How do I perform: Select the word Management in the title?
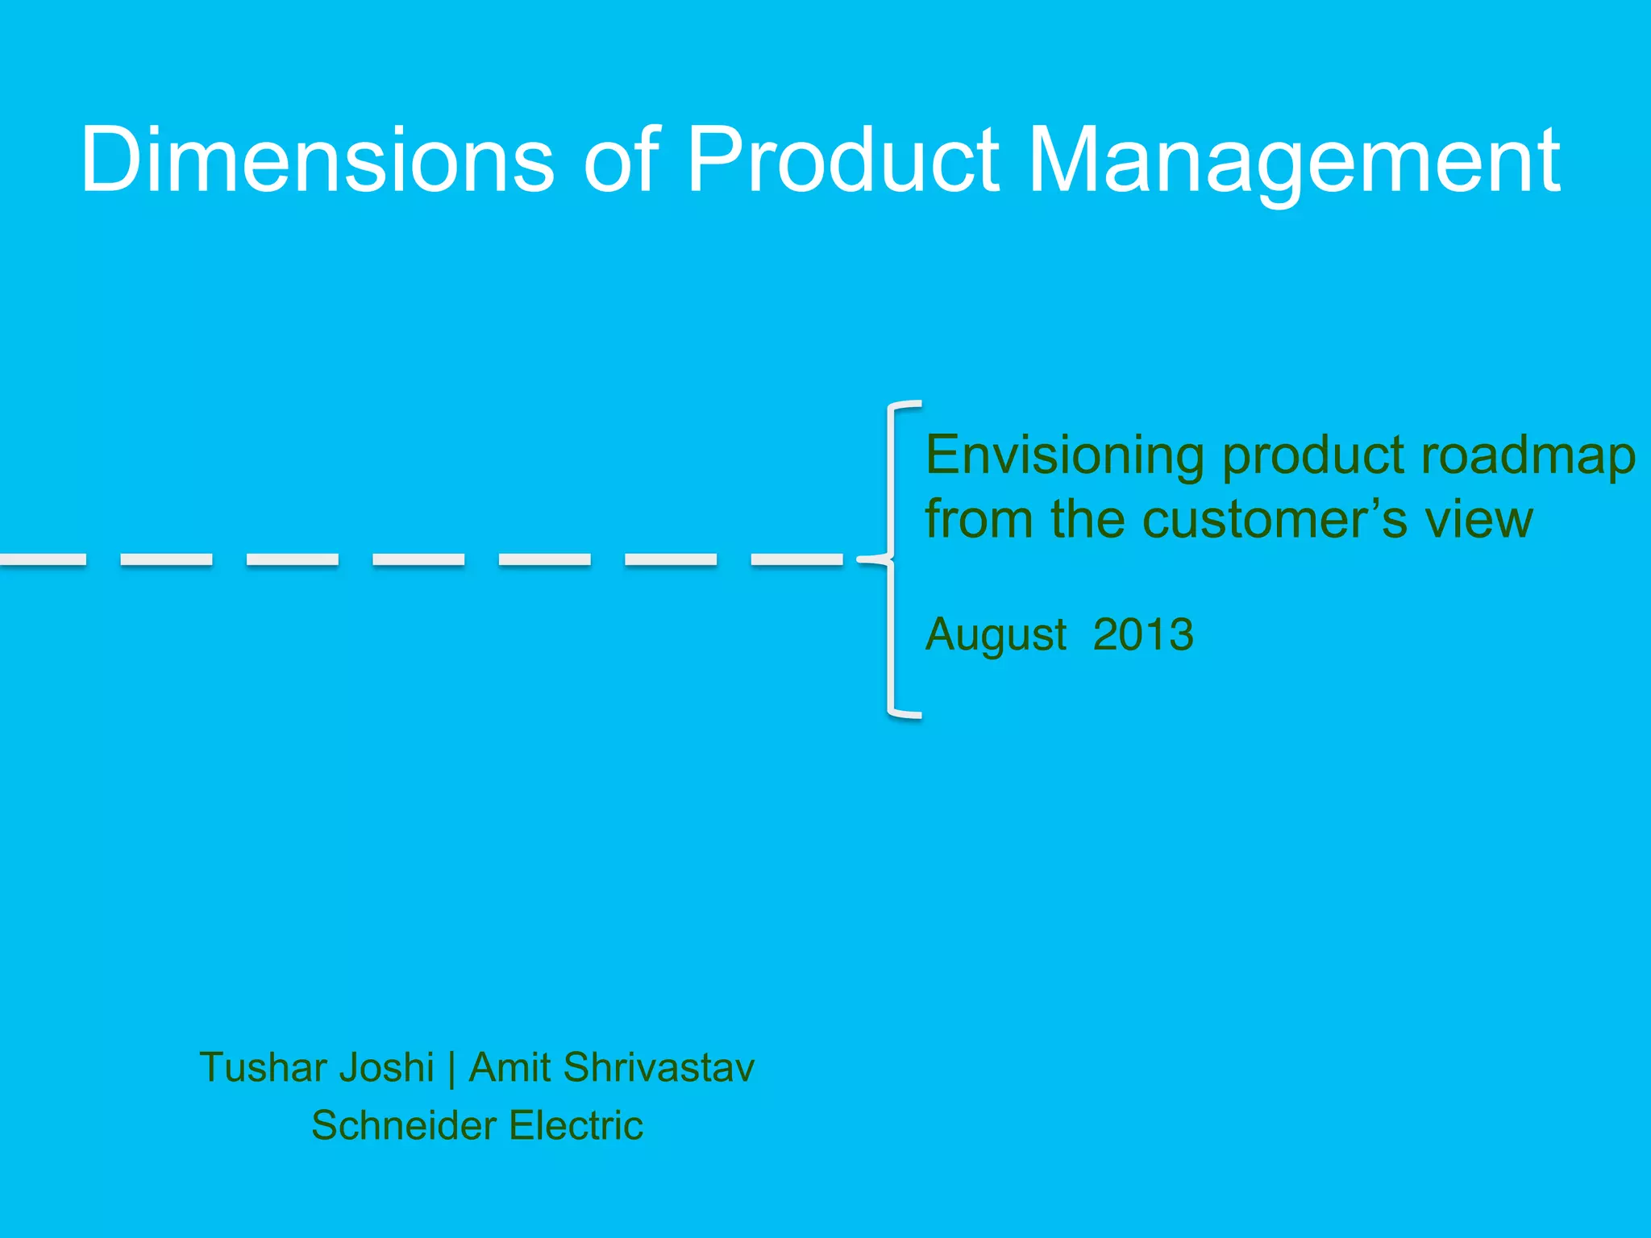pos(1294,161)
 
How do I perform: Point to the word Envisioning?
pos(1064,456)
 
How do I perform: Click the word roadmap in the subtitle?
pos(1528,456)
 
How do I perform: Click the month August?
pos(996,635)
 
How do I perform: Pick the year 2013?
pos(1142,634)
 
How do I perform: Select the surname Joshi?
pos(386,1068)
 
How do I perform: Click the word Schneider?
pos(403,1125)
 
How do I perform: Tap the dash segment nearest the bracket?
pos(796,559)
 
